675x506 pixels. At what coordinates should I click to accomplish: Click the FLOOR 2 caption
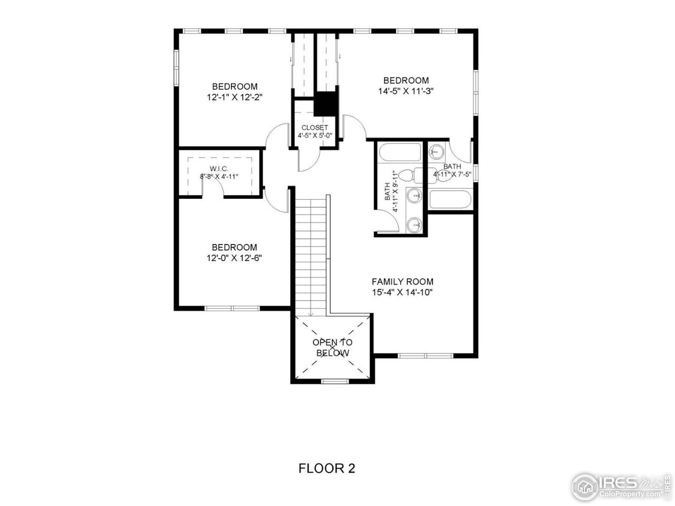[327, 468]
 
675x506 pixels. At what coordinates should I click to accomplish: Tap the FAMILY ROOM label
[402, 281]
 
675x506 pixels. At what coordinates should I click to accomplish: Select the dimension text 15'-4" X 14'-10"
[402, 292]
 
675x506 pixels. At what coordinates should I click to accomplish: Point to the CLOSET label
[315, 128]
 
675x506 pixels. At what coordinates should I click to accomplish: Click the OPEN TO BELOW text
[332, 347]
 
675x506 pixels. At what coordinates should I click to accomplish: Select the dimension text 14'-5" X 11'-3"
[406, 91]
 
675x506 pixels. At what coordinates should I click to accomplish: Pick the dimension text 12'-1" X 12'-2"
[235, 97]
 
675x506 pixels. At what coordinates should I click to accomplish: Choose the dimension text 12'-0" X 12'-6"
[235, 258]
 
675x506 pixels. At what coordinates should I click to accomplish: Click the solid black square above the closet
[325, 103]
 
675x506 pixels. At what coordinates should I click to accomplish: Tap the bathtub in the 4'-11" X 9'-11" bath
[400, 153]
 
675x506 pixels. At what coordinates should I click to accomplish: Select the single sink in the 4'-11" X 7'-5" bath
[436, 152]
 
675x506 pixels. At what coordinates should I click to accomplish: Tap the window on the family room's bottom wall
[426, 356]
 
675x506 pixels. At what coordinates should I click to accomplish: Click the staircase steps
[310, 253]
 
